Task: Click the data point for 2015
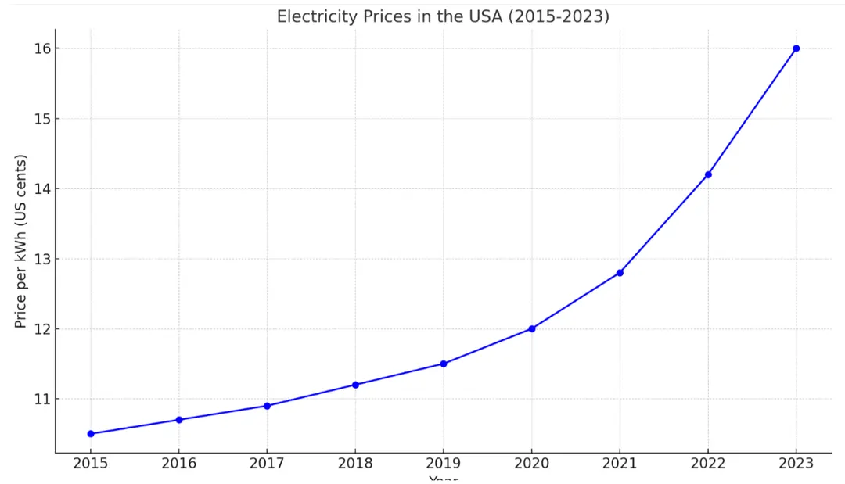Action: pos(91,433)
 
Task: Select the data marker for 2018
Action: pos(355,385)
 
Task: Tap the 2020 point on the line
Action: pos(532,328)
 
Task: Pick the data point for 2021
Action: pos(620,273)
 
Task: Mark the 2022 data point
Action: pos(708,174)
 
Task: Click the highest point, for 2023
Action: pos(796,48)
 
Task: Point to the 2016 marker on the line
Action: pos(179,420)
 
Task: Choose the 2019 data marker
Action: pos(444,364)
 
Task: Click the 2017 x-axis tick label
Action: pos(267,463)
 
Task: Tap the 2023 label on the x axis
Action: pos(796,463)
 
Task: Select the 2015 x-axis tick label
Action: pos(91,463)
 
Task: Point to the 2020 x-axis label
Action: pos(532,463)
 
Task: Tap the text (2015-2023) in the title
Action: pos(559,16)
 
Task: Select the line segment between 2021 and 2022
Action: pos(664,224)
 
